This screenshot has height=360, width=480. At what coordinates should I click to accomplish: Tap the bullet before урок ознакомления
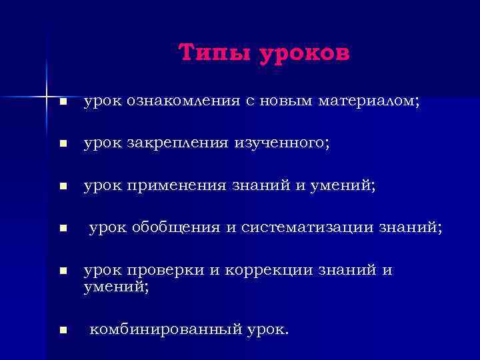point(62,103)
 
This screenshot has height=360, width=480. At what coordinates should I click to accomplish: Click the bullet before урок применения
point(62,188)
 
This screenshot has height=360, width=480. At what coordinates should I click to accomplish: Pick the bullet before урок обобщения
point(62,229)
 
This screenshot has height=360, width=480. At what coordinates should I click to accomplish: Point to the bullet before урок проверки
point(62,271)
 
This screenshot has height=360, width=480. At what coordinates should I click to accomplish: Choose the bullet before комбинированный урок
point(62,329)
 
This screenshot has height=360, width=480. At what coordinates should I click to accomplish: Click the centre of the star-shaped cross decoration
point(47,97)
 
